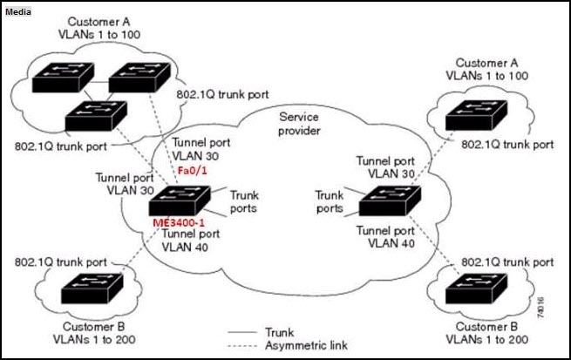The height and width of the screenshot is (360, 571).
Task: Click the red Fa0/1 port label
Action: [x=192, y=170]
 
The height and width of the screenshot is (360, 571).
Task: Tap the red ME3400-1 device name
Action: [x=179, y=222]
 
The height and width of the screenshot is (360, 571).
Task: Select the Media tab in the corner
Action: [x=17, y=11]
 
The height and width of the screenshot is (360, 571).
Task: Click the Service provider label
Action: [x=299, y=124]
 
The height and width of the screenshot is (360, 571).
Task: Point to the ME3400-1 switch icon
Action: [x=180, y=200]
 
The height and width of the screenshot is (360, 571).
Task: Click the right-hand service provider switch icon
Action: [x=390, y=200]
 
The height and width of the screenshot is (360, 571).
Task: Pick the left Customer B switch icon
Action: [x=92, y=289]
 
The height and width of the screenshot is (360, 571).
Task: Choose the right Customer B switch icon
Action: [x=476, y=289]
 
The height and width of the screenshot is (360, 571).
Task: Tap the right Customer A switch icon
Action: [x=476, y=115]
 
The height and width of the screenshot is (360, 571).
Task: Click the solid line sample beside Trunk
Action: [x=242, y=332]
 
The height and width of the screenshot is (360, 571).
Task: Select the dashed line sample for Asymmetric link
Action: [x=242, y=345]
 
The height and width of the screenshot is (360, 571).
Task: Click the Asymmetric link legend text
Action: [x=306, y=345]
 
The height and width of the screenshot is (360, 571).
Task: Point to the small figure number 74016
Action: [x=540, y=308]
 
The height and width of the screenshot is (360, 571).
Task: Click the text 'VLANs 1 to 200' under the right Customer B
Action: [x=487, y=339]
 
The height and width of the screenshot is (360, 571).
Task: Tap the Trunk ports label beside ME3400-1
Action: [x=244, y=201]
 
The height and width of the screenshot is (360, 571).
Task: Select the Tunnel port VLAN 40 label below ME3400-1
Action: [x=190, y=241]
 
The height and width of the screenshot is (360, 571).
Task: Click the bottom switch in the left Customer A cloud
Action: [x=96, y=116]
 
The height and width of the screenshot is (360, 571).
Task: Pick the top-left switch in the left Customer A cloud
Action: [x=64, y=78]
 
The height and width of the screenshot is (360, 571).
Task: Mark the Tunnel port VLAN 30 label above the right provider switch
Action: [x=385, y=167]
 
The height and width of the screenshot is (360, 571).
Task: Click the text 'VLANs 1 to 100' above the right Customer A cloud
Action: [x=487, y=76]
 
